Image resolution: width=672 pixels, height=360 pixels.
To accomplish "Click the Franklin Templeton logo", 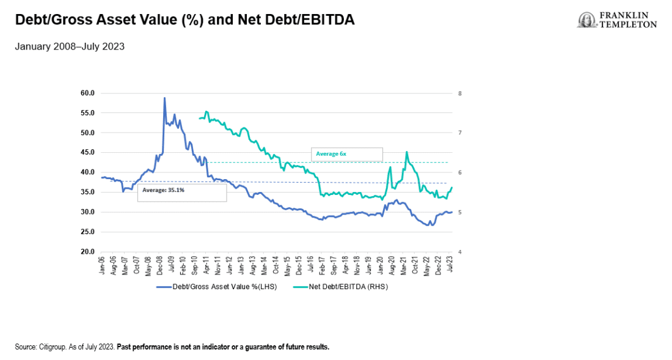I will point(617,20).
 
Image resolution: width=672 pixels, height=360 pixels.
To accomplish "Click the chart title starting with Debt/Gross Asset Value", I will point(184,20).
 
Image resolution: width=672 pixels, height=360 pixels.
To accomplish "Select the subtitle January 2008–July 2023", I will point(70,46).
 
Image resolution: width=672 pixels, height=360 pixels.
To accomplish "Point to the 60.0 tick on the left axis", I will point(87,93).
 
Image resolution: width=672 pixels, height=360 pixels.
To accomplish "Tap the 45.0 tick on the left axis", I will point(87,152).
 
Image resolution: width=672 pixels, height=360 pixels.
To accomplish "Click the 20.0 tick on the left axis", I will point(87,251).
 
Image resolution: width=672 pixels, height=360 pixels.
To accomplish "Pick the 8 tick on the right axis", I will point(459,94).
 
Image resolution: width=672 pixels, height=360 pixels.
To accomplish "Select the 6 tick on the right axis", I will point(459,172).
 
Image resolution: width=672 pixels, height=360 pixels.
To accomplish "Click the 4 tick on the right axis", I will point(459,252).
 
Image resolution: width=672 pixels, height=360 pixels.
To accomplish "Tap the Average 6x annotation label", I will point(331,154).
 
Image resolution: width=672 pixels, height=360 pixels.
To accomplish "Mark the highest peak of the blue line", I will point(164,98).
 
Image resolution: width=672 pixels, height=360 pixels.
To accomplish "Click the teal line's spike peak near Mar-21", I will point(406,152).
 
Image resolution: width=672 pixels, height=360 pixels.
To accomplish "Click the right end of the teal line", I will point(452,187).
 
